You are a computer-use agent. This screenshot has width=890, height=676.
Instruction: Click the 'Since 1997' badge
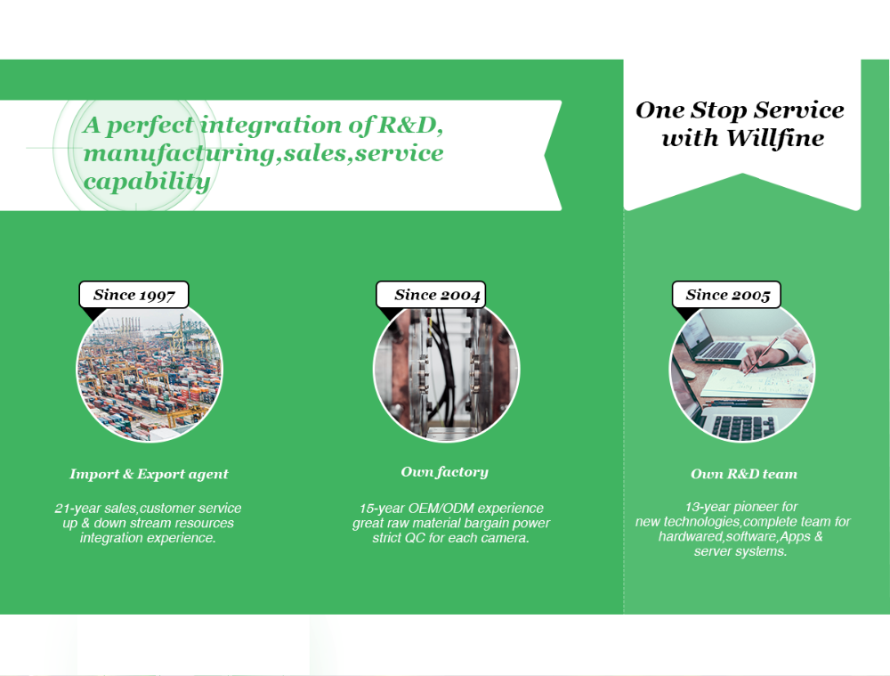point(134,295)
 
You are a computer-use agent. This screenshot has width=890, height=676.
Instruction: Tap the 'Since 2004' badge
point(431,295)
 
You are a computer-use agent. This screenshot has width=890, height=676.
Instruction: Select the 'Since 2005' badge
point(726,295)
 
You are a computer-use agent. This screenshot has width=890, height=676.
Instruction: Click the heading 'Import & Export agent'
point(149,475)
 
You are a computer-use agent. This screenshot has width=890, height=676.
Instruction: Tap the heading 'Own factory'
point(444,472)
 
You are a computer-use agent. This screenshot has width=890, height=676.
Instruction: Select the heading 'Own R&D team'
point(743,475)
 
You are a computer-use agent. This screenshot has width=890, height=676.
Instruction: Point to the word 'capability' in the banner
point(147,182)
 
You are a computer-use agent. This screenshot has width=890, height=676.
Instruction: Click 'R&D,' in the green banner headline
point(411,125)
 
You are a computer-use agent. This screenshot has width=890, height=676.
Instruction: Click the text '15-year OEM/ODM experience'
point(451,509)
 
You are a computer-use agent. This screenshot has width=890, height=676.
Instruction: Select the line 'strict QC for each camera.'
point(450,538)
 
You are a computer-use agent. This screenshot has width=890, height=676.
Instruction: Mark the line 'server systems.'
point(740,551)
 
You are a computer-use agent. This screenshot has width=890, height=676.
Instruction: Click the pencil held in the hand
point(761,355)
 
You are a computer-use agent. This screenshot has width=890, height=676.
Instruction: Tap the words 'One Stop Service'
point(740,110)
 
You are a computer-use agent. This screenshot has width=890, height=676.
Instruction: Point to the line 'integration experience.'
point(148,538)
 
